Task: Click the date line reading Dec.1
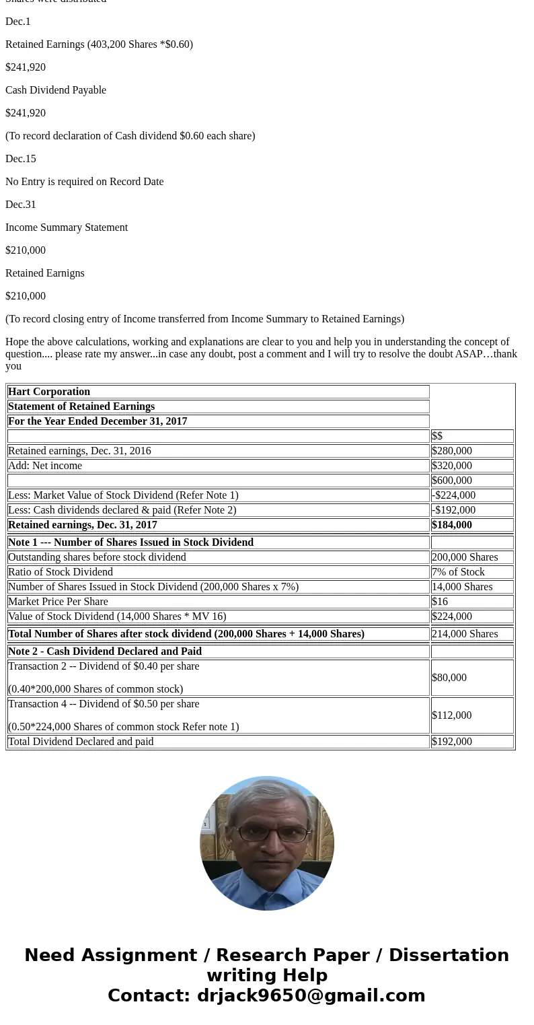[x=18, y=22]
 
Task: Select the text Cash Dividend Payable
[x=56, y=90]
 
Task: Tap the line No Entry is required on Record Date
[x=84, y=182]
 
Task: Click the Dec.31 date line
[x=21, y=205]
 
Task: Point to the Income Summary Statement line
[x=67, y=227]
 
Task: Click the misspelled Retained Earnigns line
[x=45, y=273]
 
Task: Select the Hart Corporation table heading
[x=49, y=392]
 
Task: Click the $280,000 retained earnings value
[x=452, y=451]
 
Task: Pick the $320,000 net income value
[x=452, y=466]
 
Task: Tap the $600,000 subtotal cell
[x=452, y=481]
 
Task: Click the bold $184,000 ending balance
[x=452, y=525]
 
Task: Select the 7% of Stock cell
[x=458, y=572]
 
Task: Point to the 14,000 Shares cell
[x=462, y=587]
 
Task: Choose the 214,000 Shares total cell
[x=465, y=634]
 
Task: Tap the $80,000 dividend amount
[x=449, y=678]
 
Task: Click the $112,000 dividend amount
[x=452, y=715]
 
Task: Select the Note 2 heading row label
[x=105, y=651]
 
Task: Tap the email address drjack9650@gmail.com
[x=311, y=995]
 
